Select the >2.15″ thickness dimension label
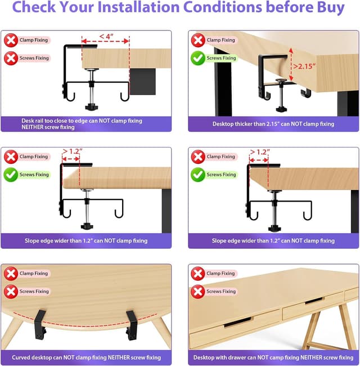(x=304, y=66)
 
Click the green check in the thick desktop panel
(x=197, y=58)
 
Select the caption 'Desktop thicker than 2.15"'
(x=273, y=124)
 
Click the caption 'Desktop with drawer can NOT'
(x=273, y=357)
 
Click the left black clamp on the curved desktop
(x=39, y=325)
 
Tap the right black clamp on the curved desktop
(x=132, y=325)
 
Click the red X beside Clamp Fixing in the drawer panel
(x=197, y=274)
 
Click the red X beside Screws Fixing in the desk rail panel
(x=11, y=58)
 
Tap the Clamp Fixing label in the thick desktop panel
(x=221, y=40)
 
